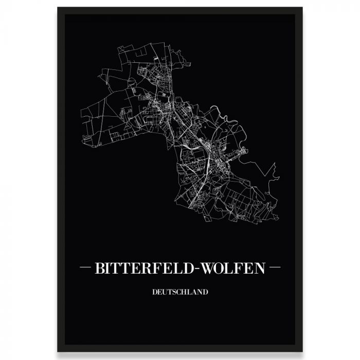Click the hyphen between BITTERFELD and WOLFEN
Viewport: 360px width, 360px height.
point(192,268)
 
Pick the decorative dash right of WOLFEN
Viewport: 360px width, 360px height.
point(275,268)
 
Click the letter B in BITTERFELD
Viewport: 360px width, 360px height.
point(99,268)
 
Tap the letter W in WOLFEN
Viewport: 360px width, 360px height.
point(203,268)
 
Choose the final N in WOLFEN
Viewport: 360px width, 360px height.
point(259,268)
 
